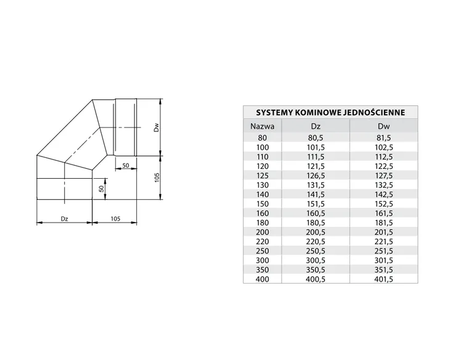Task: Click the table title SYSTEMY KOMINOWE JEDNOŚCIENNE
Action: pyautogui.click(x=330, y=112)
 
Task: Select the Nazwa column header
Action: pyautogui.click(x=263, y=126)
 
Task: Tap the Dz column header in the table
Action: pyautogui.click(x=316, y=126)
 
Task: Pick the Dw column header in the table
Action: pyautogui.click(x=383, y=126)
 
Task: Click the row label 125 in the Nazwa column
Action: pyautogui.click(x=263, y=176)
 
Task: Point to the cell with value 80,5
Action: pyautogui.click(x=316, y=138)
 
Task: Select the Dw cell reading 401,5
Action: pyautogui.click(x=383, y=279)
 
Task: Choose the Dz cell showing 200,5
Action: pyautogui.click(x=316, y=232)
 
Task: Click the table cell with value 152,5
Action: pyautogui.click(x=383, y=204)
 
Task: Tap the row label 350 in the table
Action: pyautogui.click(x=263, y=270)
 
